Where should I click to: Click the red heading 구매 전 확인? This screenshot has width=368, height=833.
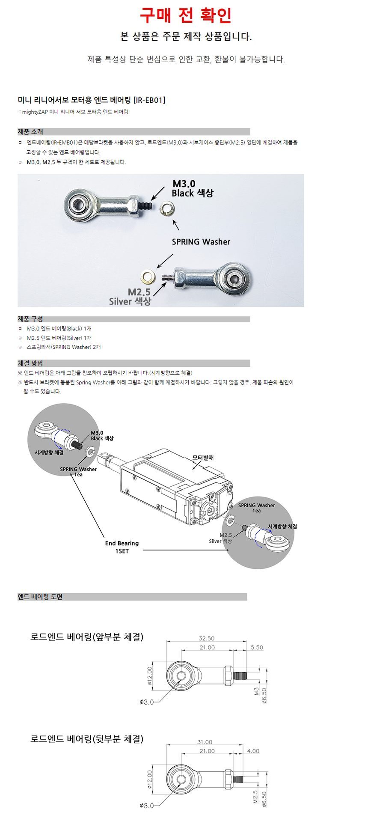coord(186,15)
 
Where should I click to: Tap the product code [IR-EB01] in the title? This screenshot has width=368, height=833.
coord(149,100)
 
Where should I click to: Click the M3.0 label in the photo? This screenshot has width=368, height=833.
coord(184,184)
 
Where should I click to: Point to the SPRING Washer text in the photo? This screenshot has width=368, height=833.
coord(201,242)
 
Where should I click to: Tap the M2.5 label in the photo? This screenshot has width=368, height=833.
coord(139,292)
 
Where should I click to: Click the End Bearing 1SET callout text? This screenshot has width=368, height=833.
coord(122,547)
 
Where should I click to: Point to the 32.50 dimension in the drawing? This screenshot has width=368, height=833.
coord(207,638)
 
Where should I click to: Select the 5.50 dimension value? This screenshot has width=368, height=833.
coord(257,647)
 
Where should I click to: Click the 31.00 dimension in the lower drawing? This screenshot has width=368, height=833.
coord(205,742)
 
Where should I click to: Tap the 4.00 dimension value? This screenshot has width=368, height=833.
coord(253,751)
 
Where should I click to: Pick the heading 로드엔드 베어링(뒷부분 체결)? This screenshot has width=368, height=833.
coord(87,739)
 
